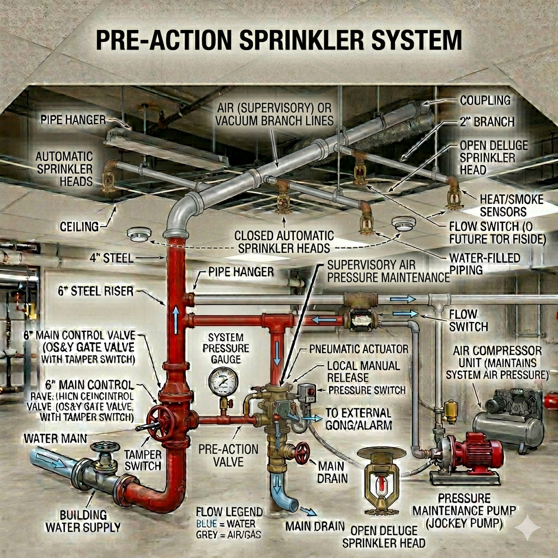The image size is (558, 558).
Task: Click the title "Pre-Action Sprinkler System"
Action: click(279, 41)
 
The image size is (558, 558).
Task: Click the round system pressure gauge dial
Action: click(223, 381)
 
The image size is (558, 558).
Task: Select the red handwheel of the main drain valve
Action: click(301, 452)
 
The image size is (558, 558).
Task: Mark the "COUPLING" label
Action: click(485, 100)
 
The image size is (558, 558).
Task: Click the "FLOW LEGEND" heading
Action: click(229, 512)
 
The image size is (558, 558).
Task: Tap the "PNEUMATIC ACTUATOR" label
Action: click(359, 349)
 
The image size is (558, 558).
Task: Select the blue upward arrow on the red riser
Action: click(176, 319)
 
